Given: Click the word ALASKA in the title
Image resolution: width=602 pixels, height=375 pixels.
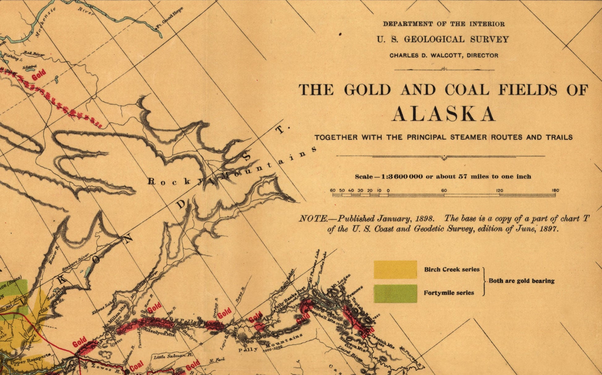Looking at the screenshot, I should [443, 114].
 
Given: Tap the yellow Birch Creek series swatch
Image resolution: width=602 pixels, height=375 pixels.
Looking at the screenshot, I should [395, 270].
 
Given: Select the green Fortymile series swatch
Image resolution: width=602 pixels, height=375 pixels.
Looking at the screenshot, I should [395, 293].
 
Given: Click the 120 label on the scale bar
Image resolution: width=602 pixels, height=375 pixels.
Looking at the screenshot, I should [500, 190].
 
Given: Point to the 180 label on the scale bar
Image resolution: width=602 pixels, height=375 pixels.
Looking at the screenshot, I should [555, 190].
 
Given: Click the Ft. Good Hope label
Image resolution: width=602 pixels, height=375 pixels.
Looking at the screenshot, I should [170, 18].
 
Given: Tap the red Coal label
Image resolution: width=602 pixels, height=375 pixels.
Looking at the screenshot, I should [136, 366].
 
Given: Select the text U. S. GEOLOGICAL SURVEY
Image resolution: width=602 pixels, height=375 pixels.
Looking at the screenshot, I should [443, 40].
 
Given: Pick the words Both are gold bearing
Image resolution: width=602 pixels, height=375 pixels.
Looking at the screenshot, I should [522, 281].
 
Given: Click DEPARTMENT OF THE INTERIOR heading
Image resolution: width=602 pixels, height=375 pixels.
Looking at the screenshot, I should [444, 24].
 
